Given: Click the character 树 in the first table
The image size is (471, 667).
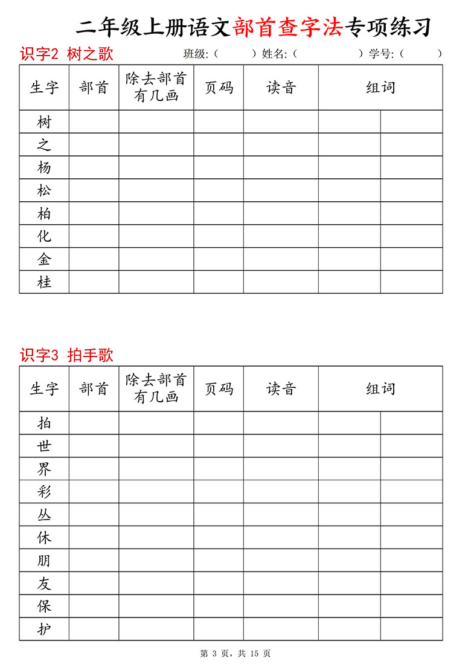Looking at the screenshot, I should (44, 122).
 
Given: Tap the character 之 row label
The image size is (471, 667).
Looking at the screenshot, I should (44, 145).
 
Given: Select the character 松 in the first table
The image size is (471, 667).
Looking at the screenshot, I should (44, 191).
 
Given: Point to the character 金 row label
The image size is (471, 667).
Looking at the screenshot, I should (44, 260).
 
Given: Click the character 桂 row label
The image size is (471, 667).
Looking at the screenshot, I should (44, 282).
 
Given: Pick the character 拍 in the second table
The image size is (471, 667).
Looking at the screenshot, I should (44, 423).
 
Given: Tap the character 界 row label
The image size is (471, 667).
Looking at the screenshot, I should (44, 469).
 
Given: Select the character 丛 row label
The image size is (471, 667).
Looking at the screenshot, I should (44, 515).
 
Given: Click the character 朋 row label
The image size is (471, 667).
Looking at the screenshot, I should (44, 561).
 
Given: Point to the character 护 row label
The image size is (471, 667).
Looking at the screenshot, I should (44, 630).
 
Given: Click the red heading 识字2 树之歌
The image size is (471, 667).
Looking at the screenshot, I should (66, 54).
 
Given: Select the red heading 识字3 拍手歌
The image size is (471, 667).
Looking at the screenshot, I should (66, 355).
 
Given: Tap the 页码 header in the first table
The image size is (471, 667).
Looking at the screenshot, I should (219, 88).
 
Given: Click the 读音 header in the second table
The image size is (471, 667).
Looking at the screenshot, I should (281, 388).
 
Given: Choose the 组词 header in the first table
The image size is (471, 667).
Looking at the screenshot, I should (380, 88).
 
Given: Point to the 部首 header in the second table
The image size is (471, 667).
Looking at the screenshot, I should (94, 388).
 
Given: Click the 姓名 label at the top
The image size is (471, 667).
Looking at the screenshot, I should (274, 54).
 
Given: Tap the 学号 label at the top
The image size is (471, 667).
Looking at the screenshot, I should (381, 54).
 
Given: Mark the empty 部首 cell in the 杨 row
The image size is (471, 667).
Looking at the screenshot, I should (94, 168).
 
